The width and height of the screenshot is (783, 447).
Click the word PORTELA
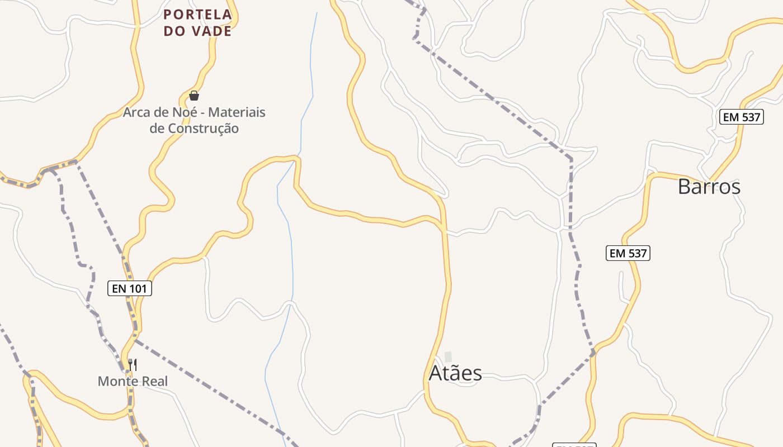197,15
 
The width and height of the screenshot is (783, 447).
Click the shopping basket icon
194,96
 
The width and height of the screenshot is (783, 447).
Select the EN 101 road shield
130,288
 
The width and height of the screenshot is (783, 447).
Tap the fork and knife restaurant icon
133,365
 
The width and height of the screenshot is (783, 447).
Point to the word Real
154,382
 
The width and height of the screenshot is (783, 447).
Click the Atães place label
455,373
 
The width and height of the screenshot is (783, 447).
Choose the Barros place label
709,187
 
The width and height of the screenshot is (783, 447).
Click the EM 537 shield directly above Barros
741,117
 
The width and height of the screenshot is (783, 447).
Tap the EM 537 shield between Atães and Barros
628,253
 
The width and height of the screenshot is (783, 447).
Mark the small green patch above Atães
448,356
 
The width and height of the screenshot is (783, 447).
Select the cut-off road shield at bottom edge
574,445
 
